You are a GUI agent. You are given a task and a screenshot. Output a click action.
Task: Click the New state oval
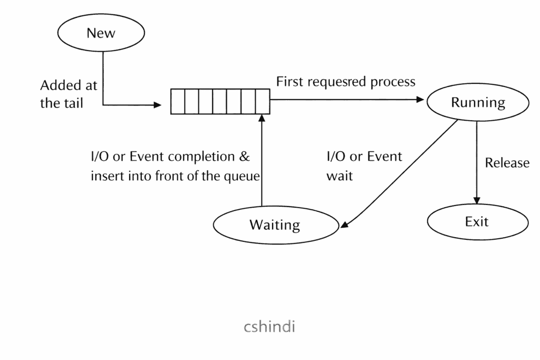pyautogui.click(x=101, y=33)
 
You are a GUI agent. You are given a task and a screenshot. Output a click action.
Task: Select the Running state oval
pyautogui.click(x=478, y=102)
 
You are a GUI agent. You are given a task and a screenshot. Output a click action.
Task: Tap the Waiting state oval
pyautogui.click(x=274, y=225)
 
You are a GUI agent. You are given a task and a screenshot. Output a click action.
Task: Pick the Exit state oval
pyautogui.click(x=477, y=221)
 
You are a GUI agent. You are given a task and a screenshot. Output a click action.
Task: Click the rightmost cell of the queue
pyautogui.click(x=263, y=102)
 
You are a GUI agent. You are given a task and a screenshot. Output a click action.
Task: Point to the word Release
pyautogui.click(x=507, y=163)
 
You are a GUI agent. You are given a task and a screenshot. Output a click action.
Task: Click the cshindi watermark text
pyautogui.click(x=269, y=327)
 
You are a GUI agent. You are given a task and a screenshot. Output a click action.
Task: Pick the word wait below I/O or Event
pyautogui.click(x=340, y=176)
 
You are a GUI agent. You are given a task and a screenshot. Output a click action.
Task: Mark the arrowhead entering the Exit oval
pyautogui.click(x=477, y=200)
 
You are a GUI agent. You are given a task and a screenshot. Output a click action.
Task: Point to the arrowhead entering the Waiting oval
pyautogui.click(x=344, y=225)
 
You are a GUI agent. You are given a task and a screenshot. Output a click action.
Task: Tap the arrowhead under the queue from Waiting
pyautogui.click(x=262, y=118)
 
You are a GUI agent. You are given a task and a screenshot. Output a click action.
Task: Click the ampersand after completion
pyautogui.click(x=245, y=157)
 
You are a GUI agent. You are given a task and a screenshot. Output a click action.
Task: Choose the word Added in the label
pyautogui.click(x=55, y=85)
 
